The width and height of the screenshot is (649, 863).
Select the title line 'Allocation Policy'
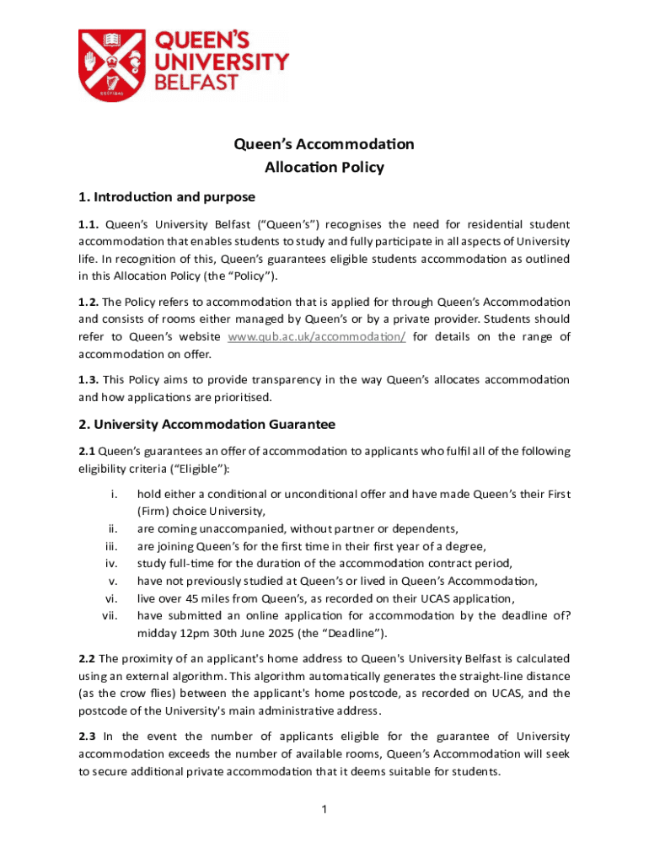click(324, 167)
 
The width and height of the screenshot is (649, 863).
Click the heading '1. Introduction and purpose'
click(166, 197)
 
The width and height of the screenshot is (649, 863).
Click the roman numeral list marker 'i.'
click(113, 494)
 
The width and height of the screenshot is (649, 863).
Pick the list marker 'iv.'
click(110, 563)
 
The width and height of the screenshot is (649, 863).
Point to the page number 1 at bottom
click(324, 811)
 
